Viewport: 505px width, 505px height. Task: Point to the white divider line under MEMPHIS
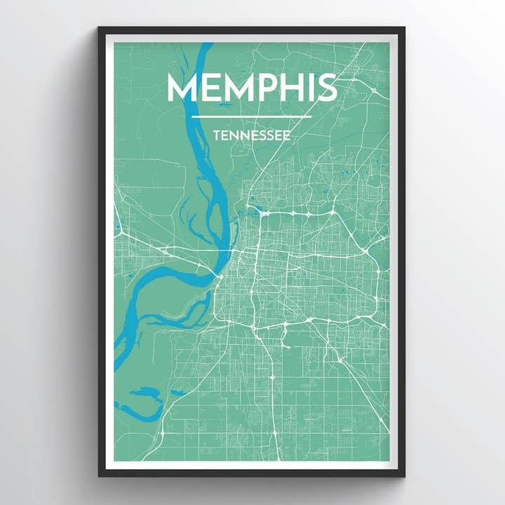pyautogui.click(x=251, y=116)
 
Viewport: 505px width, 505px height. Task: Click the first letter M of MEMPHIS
pyautogui.click(x=180, y=87)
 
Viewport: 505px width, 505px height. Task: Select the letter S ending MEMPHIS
pyautogui.click(x=325, y=87)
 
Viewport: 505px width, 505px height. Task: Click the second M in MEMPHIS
pyautogui.click(x=234, y=87)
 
